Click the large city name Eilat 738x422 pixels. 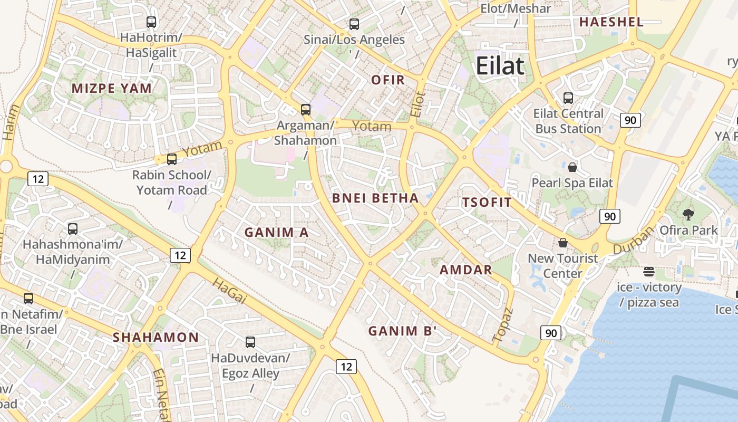pyautogui.click(x=500, y=66)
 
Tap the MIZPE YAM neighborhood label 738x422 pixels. pyautogui.click(x=112, y=88)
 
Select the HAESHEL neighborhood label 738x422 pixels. pyautogui.click(x=611, y=22)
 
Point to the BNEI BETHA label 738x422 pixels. pyautogui.click(x=375, y=198)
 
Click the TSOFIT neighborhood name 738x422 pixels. pyautogui.click(x=487, y=202)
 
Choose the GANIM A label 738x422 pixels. pyautogui.click(x=276, y=232)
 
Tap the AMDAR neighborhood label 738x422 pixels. pyautogui.click(x=466, y=270)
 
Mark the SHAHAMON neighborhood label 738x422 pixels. pyautogui.click(x=156, y=337)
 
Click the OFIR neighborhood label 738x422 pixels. pyautogui.click(x=388, y=80)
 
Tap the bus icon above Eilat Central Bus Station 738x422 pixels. pyautogui.click(x=568, y=98)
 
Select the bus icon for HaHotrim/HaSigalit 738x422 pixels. pyautogui.click(x=151, y=22)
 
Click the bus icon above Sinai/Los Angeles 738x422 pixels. pyautogui.click(x=354, y=24)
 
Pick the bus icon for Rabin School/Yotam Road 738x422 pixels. pyautogui.click(x=172, y=159)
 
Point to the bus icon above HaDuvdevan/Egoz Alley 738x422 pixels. pyautogui.click(x=250, y=342)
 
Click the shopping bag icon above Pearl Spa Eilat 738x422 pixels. pyautogui.click(x=572, y=168)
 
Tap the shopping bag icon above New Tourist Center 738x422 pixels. pyautogui.click(x=563, y=243)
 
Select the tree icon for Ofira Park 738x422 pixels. pyautogui.click(x=688, y=214)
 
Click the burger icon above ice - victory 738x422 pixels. pyautogui.click(x=649, y=272)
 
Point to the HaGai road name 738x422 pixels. pyautogui.click(x=229, y=291)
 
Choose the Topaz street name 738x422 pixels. pyautogui.click(x=502, y=323)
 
